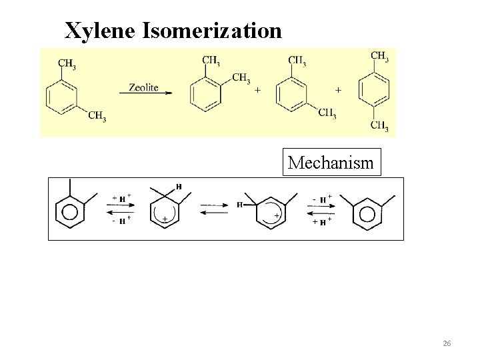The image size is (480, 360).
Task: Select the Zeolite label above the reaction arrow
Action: (143, 87)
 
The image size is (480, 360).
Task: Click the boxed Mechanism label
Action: (331, 162)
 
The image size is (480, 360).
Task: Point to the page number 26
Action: (447, 343)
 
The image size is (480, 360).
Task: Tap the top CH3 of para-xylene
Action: (379, 57)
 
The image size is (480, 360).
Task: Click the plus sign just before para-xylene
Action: (339, 89)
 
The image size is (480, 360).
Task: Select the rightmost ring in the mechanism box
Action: (367, 213)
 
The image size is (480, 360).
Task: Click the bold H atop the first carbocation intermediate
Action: (178, 186)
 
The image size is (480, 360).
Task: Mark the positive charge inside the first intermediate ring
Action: (164, 218)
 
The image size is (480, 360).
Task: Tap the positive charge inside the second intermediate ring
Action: (276, 215)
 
